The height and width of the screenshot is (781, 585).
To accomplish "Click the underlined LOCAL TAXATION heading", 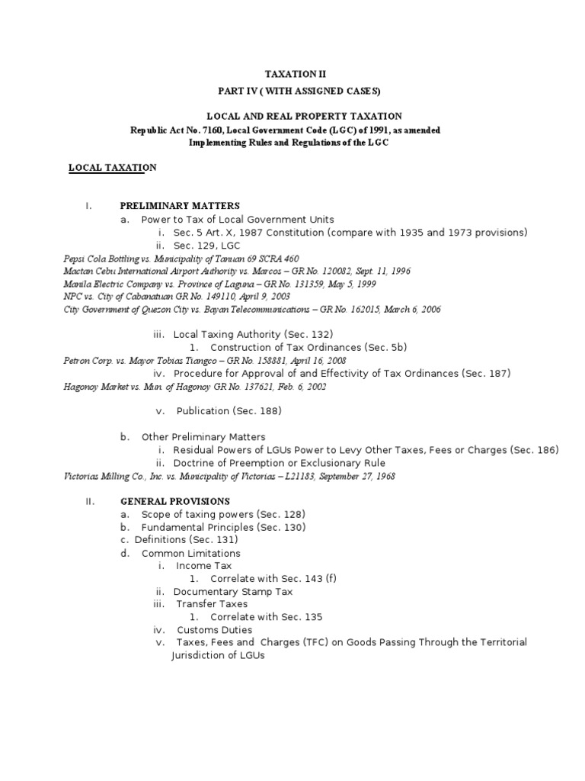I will pos(112,168).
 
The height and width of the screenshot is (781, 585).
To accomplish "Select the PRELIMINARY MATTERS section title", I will pos(180,206).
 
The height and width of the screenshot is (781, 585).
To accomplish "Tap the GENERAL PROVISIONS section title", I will pos(175,501).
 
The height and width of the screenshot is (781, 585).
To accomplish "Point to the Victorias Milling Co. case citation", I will pos(229,476).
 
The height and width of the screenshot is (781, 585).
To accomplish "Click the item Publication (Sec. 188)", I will pos(229,411).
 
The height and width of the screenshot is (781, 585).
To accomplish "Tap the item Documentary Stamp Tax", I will pos(233,591).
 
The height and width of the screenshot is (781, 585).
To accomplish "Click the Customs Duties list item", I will pos(215,630).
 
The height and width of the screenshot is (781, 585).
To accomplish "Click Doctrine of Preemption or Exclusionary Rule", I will pos(279,463).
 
